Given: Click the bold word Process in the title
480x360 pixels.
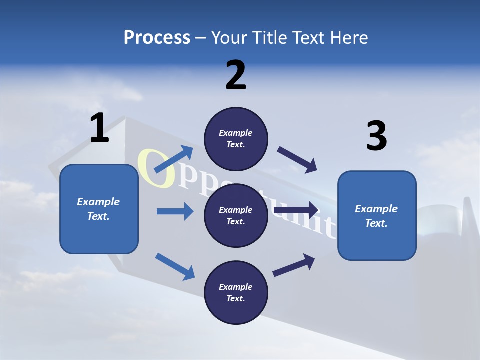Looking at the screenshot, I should coord(157,38).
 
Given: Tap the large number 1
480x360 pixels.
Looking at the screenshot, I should coord(99,128).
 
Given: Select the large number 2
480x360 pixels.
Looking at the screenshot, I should coord(236,75).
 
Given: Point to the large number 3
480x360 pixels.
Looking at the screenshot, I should coord(376,136).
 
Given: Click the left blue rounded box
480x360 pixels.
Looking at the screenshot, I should coord(99,209).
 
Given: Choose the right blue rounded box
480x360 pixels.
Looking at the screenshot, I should coord(377,215).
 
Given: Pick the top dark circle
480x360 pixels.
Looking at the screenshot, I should coord(236,139).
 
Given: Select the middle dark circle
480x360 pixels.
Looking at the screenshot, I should coord(236,215).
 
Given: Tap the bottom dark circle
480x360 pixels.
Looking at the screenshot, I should coord(236,292).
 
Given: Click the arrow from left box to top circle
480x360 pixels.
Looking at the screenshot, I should coord(174,159).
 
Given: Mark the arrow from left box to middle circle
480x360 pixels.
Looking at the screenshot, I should coord(175,211).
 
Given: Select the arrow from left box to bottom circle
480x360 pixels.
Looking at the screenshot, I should coord(175,266).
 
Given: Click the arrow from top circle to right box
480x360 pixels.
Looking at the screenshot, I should coord(297,160).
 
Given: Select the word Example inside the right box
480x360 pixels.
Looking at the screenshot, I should coord(376,209).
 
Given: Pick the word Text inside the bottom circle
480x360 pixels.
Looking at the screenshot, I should coord(235,298).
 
